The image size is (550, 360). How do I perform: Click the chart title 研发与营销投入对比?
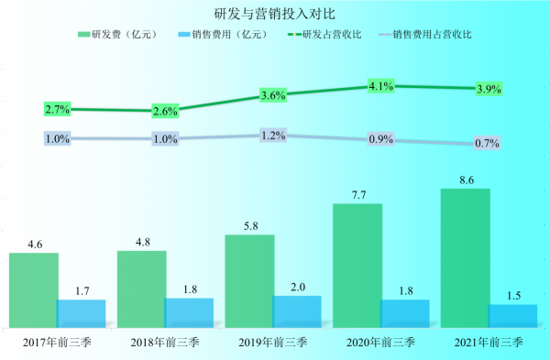tap(274, 13)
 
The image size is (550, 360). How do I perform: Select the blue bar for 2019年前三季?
tap(297, 311)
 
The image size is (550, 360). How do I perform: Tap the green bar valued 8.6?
tap(466, 257)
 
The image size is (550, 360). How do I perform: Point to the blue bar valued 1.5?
tap(513, 315)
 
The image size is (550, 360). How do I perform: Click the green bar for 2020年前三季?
tap(357, 265)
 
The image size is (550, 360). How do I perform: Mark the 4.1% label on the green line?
tap(380, 86)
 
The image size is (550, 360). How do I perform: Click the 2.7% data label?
tap(57, 110)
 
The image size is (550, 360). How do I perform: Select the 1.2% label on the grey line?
tap(273, 136)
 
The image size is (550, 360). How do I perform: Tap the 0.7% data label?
tap(488, 144)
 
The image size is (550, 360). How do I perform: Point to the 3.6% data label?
tap(273, 95)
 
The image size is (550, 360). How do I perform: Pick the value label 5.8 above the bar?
tap(248, 224)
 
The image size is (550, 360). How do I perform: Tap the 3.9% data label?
tap(488, 89)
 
